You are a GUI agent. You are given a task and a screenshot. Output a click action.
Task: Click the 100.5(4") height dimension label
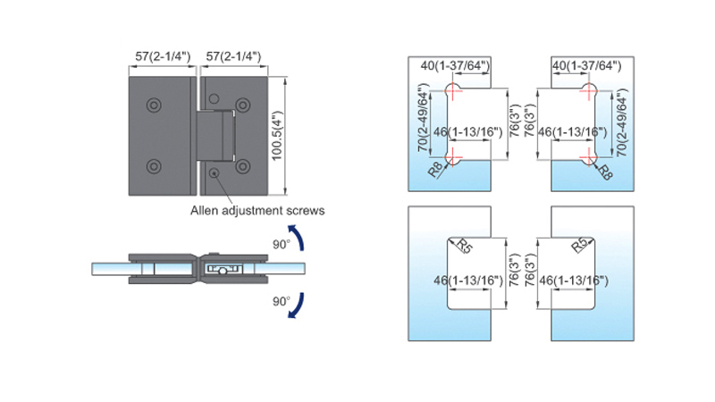(x=277, y=136)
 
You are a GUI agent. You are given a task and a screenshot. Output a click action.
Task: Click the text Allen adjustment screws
(x=257, y=211)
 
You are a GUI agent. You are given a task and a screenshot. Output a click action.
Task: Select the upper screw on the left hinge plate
(x=154, y=105)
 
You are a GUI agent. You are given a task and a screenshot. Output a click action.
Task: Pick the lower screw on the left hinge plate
(x=154, y=166)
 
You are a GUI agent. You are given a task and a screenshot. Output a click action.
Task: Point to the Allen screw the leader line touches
(x=214, y=172)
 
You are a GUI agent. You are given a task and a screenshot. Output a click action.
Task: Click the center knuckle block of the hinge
(x=215, y=136)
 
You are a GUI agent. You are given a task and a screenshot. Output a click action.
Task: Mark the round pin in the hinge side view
(x=223, y=272)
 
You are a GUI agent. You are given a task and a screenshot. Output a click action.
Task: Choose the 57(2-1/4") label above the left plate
(x=163, y=56)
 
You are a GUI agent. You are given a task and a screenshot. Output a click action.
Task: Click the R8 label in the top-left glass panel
(x=435, y=170)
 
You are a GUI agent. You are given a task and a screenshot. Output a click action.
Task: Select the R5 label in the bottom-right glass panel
(x=580, y=245)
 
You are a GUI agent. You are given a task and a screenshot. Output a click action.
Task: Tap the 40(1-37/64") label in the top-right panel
(x=587, y=66)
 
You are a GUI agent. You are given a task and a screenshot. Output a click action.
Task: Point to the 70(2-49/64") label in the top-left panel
(x=424, y=118)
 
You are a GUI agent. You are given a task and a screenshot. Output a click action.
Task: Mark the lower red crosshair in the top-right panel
(x=589, y=158)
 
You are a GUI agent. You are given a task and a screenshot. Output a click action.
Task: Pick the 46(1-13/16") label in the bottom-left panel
(x=468, y=281)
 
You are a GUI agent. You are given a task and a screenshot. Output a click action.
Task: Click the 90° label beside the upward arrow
(x=282, y=245)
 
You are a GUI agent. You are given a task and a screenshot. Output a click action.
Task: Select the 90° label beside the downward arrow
(x=282, y=301)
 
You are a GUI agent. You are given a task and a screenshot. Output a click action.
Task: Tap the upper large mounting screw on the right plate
(x=243, y=105)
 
